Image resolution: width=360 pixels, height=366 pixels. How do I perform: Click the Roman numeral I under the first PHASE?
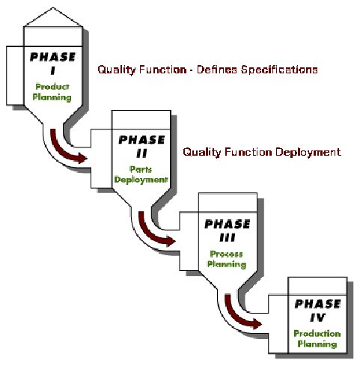52,71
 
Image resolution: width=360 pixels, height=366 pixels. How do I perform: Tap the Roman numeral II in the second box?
141,153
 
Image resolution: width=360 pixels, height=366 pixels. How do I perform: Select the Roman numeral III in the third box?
228,237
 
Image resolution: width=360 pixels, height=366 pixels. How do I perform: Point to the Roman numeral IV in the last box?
318,317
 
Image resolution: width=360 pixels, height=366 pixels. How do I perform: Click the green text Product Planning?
52,92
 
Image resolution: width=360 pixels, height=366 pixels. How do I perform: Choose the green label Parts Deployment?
141,174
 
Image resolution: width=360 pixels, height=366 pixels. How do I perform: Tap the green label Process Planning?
227,259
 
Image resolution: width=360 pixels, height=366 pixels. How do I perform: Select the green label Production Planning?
317,338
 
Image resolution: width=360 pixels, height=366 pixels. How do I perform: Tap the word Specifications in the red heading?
279,70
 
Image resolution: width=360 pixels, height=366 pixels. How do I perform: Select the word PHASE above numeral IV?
317,304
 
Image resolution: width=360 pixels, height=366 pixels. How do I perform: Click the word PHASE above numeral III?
228,225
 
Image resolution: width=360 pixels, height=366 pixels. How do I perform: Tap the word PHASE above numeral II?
141,140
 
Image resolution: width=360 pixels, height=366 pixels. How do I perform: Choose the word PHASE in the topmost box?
52,57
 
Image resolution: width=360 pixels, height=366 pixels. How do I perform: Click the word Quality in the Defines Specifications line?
117,70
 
